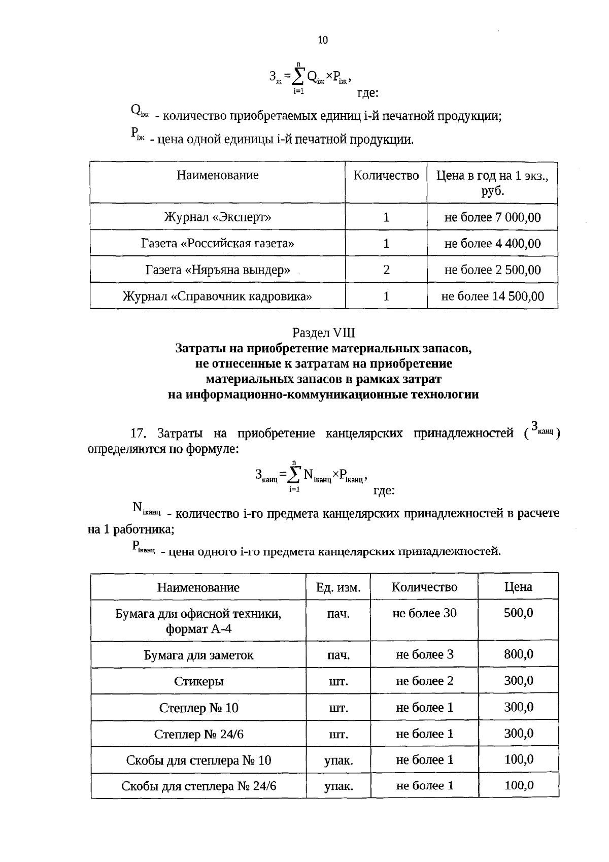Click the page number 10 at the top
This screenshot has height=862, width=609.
(x=323, y=41)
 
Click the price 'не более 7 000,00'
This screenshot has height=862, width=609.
(x=492, y=218)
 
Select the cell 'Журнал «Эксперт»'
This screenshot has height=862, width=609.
(x=217, y=218)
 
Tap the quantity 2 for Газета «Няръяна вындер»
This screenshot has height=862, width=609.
(x=386, y=270)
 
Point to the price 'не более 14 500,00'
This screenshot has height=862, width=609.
(x=492, y=296)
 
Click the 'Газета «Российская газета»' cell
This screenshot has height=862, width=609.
(x=217, y=244)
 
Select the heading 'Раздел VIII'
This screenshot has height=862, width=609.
(x=323, y=333)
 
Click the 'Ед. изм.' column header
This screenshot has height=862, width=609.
(x=338, y=587)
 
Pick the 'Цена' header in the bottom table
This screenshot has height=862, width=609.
(x=518, y=587)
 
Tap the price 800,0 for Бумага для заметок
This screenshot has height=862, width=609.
(x=518, y=654)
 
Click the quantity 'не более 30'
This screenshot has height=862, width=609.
(x=424, y=613)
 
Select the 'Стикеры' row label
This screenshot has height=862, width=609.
(x=199, y=681)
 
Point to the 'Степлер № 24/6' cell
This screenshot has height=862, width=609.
(x=199, y=734)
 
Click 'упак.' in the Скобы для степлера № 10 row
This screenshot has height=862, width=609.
(x=338, y=760)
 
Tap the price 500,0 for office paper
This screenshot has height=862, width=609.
(x=518, y=613)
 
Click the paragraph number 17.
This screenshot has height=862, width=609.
(x=138, y=434)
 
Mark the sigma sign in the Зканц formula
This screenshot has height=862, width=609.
(x=294, y=473)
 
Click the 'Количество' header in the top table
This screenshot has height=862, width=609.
(x=386, y=176)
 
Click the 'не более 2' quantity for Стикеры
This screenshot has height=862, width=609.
(x=424, y=681)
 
